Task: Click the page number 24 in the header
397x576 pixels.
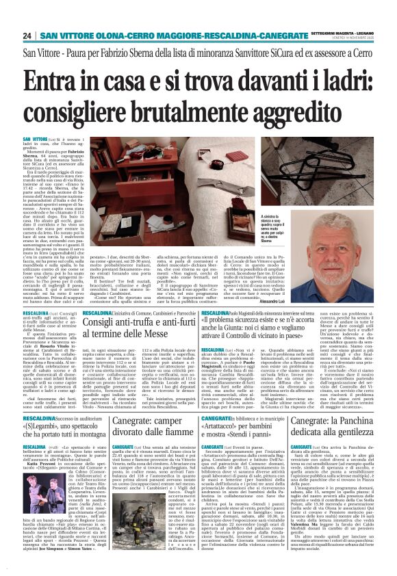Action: (27, 36)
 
